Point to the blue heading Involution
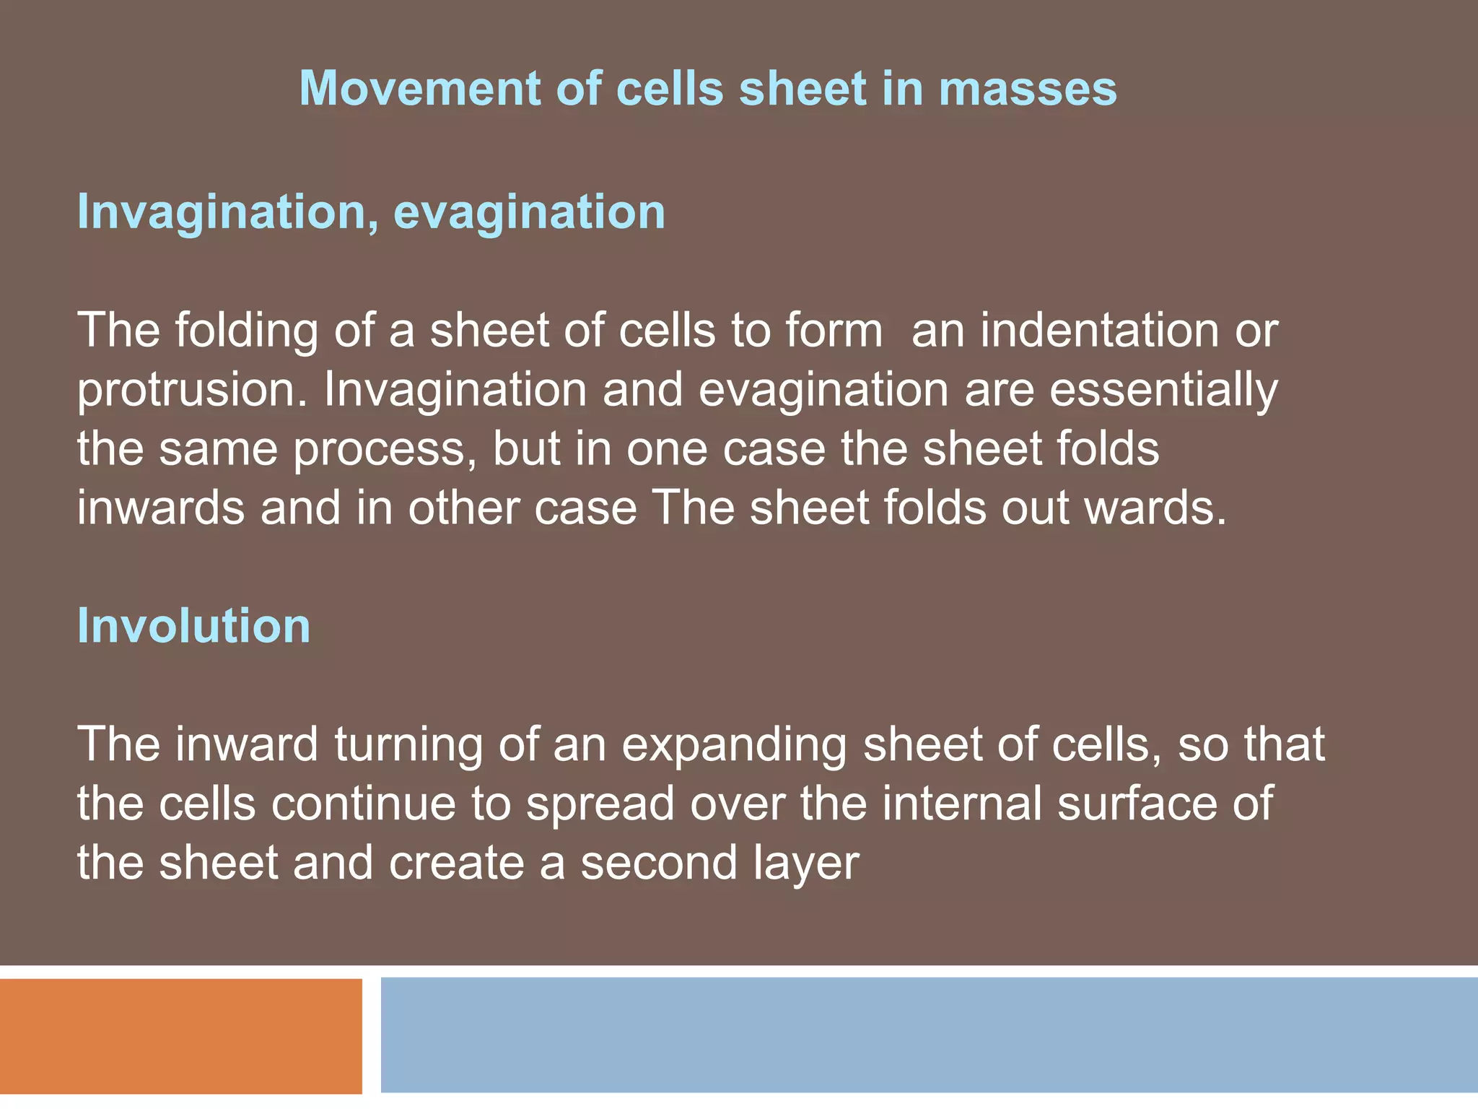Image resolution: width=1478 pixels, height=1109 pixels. (x=193, y=625)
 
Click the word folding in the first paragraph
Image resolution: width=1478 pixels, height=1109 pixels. (x=246, y=331)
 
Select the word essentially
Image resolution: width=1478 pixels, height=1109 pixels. (x=1163, y=391)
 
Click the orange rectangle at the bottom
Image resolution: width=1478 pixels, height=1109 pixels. (x=180, y=1036)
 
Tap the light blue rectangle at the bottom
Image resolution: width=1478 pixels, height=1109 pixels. (x=929, y=1035)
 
